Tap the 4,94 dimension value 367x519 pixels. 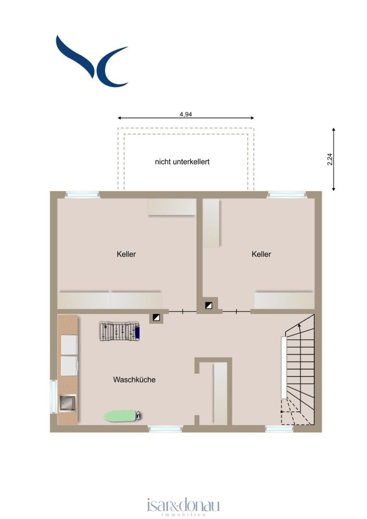click(x=186, y=114)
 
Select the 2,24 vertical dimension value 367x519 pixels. click(x=329, y=159)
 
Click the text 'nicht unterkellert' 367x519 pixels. click(x=182, y=162)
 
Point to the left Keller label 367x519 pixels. click(x=126, y=254)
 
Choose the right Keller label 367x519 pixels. click(x=261, y=254)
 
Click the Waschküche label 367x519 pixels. click(x=134, y=380)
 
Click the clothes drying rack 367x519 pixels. click(x=119, y=331)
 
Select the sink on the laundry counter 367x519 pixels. click(x=67, y=404)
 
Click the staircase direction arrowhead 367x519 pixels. click(x=299, y=325)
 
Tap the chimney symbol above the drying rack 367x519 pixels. click(x=156, y=318)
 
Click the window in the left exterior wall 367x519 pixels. click(x=54, y=396)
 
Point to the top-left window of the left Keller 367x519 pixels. click(x=82, y=195)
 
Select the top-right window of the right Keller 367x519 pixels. click(x=287, y=195)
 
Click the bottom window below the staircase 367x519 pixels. click(x=279, y=429)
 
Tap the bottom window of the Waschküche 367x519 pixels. click(x=165, y=429)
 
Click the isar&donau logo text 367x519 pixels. click(x=183, y=506)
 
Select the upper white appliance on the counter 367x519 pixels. click(x=70, y=345)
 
